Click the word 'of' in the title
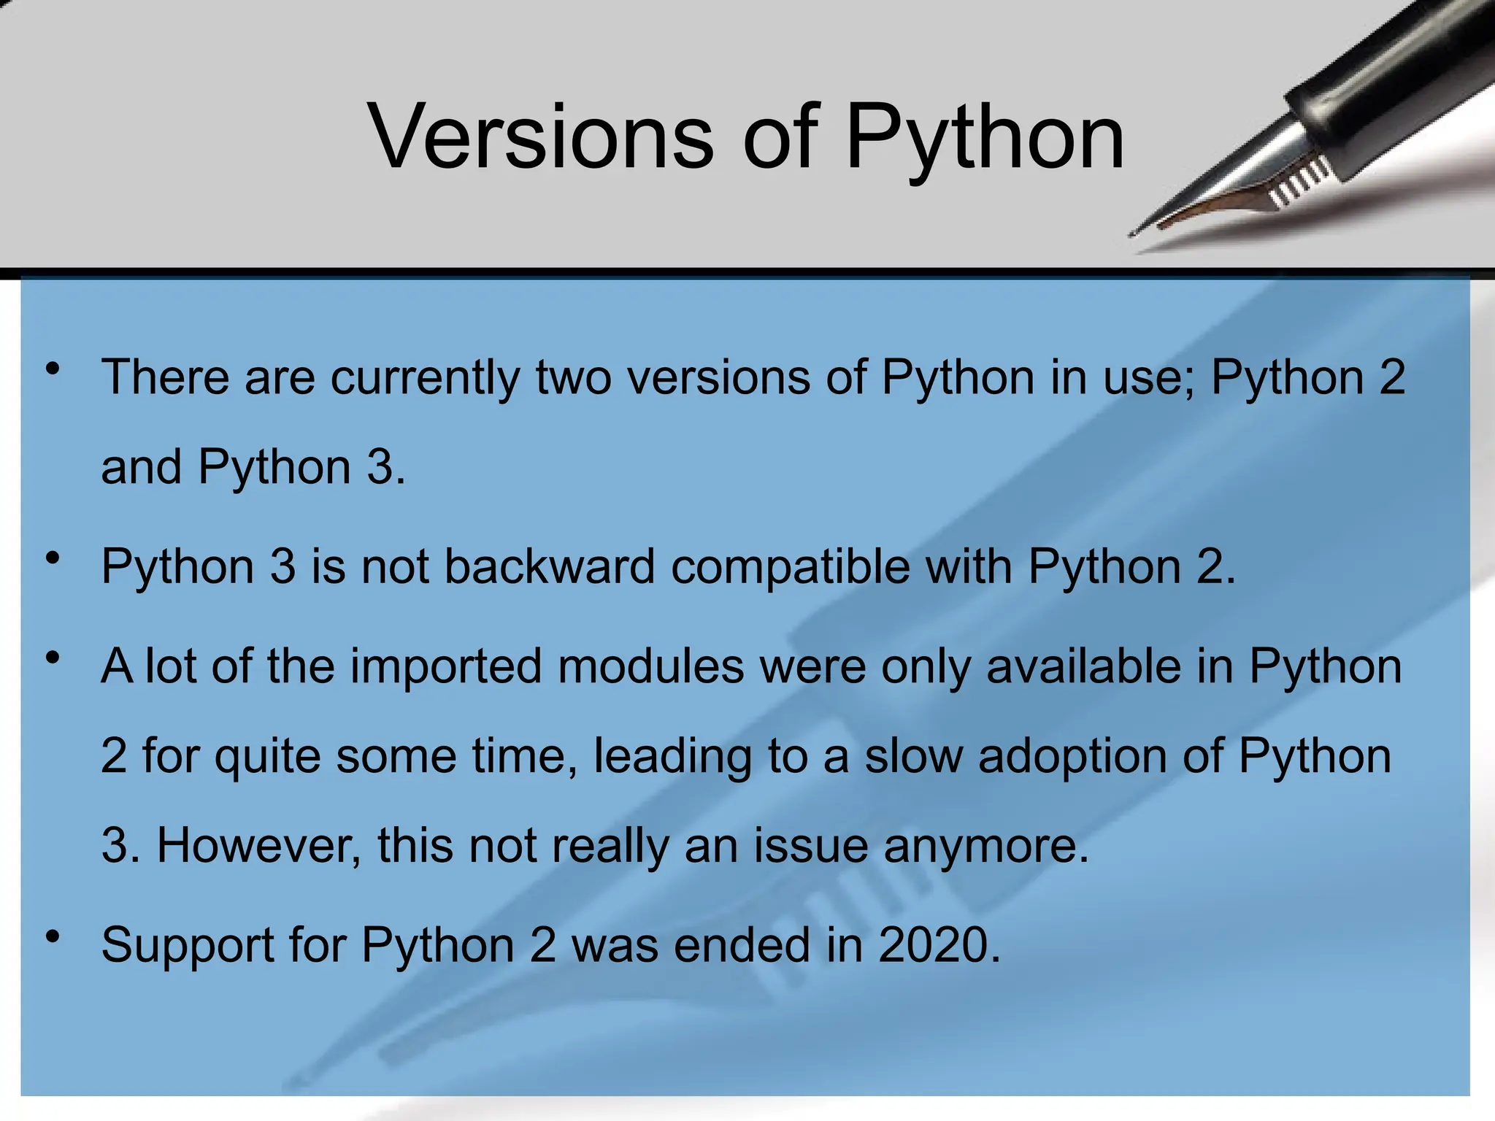pyautogui.click(x=781, y=136)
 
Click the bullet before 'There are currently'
pyautogui.click(x=52, y=369)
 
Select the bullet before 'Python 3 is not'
pyautogui.click(x=52, y=559)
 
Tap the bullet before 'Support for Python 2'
pyautogui.click(x=52, y=936)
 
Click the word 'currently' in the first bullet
pyautogui.click(x=426, y=378)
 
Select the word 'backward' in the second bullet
pyautogui.click(x=550, y=566)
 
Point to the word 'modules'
pyautogui.click(x=650, y=666)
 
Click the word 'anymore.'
pyautogui.click(x=986, y=847)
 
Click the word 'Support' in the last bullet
pyautogui.click(x=188, y=947)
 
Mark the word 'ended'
pyautogui.click(x=742, y=945)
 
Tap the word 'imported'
pyautogui.click(x=446, y=668)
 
